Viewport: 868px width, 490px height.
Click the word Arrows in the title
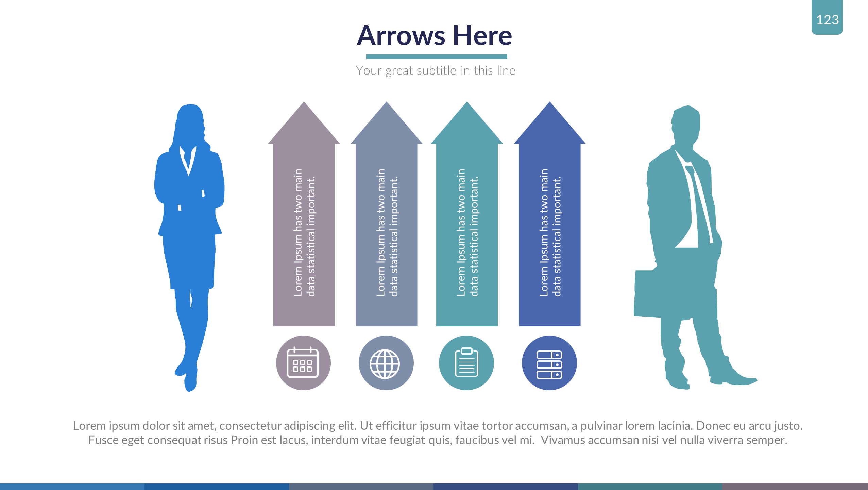pos(401,36)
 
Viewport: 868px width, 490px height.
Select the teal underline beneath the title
pos(437,57)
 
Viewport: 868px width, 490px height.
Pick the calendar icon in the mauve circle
pos(303,363)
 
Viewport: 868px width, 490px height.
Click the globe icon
pos(385,364)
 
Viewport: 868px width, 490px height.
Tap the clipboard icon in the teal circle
pos(466,362)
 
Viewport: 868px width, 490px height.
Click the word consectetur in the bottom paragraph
pos(251,426)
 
